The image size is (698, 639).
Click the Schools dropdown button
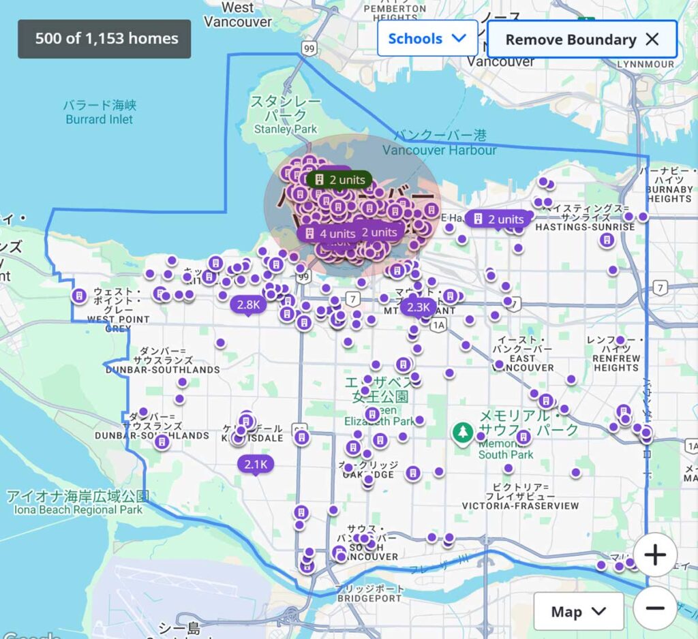(427, 39)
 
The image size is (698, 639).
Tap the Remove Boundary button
(582, 40)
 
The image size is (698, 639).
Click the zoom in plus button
(654, 555)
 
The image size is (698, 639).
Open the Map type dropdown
(578, 611)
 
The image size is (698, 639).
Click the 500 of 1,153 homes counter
(104, 39)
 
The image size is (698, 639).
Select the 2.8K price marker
(248, 305)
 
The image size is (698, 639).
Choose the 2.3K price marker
(418, 307)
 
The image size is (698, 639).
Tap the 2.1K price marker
(256, 465)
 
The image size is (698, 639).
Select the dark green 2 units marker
(339, 180)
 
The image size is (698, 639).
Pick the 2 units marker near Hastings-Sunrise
(498, 219)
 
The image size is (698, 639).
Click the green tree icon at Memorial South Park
(463, 431)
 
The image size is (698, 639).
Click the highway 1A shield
(438, 325)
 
